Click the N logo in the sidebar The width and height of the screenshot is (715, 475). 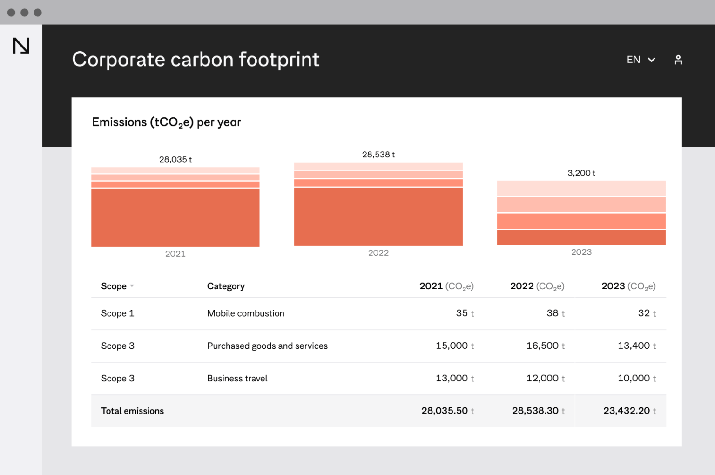[21, 46]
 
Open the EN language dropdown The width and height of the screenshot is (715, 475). [641, 60]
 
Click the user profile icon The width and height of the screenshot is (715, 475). [678, 60]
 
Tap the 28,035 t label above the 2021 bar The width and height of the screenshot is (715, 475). [175, 159]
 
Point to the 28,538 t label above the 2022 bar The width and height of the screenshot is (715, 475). [378, 155]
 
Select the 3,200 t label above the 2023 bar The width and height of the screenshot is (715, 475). [581, 173]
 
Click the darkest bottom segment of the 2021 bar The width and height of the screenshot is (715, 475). [175, 217]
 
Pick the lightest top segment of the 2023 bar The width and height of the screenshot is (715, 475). [581, 188]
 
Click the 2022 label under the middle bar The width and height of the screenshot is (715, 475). [378, 253]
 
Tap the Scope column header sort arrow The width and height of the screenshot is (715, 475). [132, 286]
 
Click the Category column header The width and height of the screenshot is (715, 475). [226, 286]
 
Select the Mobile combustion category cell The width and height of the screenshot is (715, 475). [245, 313]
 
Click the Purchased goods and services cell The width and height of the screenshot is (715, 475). [267, 346]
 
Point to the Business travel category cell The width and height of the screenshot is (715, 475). [237, 379]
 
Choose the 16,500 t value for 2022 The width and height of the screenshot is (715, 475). [545, 346]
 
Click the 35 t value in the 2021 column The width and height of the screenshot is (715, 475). [465, 313]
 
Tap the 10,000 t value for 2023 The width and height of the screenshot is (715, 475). [636, 378]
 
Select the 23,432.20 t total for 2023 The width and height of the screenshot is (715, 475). [629, 411]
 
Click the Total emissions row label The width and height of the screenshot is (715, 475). [132, 411]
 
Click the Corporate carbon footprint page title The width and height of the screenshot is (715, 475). [196, 60]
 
